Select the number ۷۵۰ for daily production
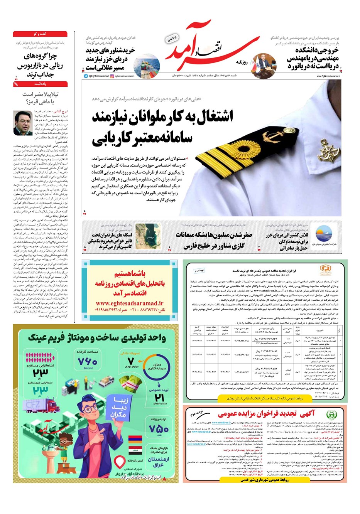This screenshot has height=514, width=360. pyautogui.click(x=158, y=428)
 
